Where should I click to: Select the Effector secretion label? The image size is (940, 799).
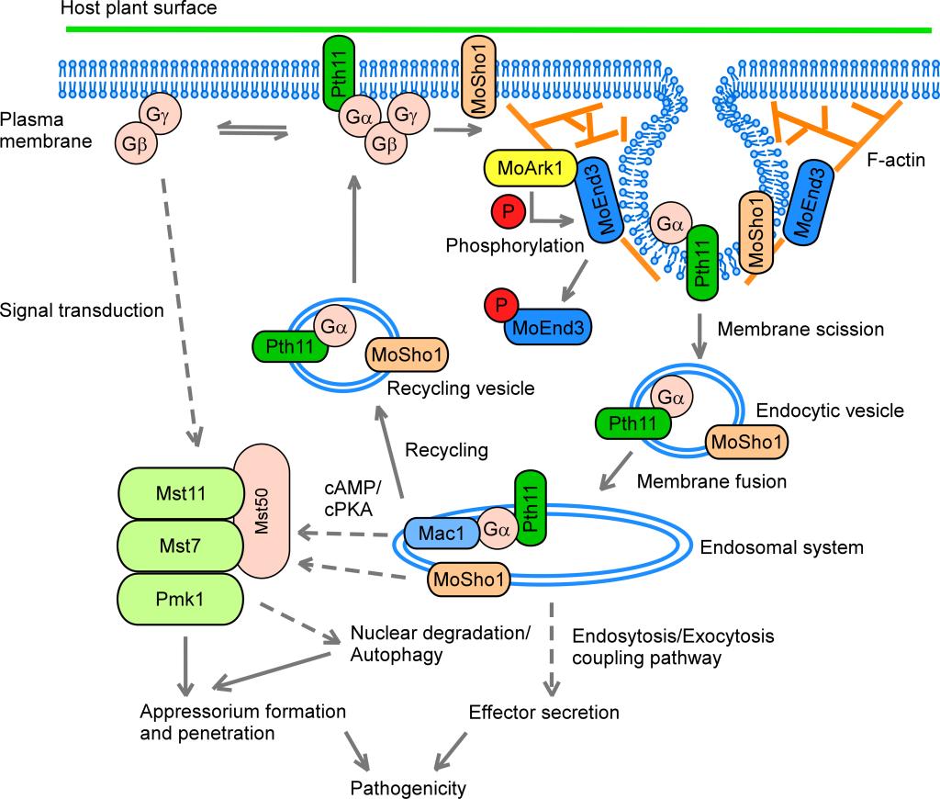544,712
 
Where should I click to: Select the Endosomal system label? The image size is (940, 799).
781,548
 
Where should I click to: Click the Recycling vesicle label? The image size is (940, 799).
462,388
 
